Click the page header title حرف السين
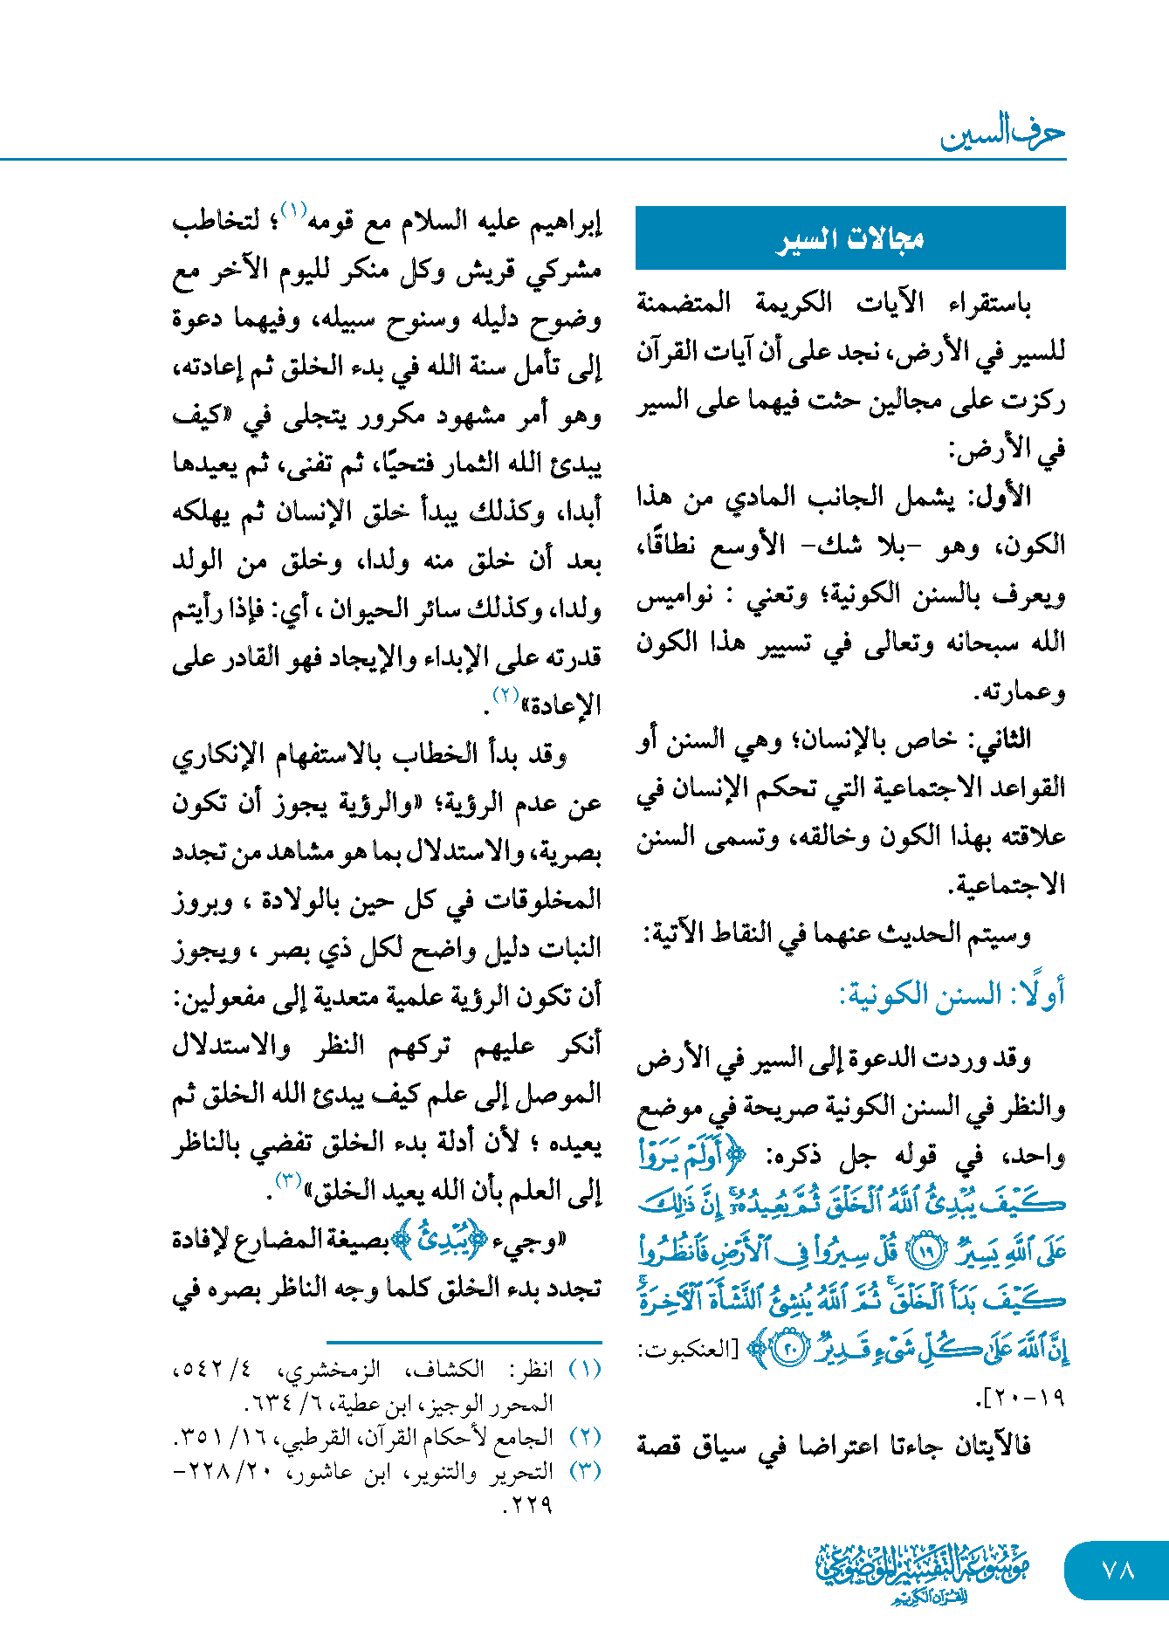point(1002,134)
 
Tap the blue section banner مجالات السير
point(850,238)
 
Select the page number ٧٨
point(1117,1570)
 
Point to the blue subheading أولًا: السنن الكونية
point(952,994)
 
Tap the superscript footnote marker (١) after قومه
point(294,210)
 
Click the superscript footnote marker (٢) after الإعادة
point(506,695)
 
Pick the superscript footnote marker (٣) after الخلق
point(289,1180)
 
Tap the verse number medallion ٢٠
point(791,1351)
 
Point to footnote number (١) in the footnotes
point(585,1369)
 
